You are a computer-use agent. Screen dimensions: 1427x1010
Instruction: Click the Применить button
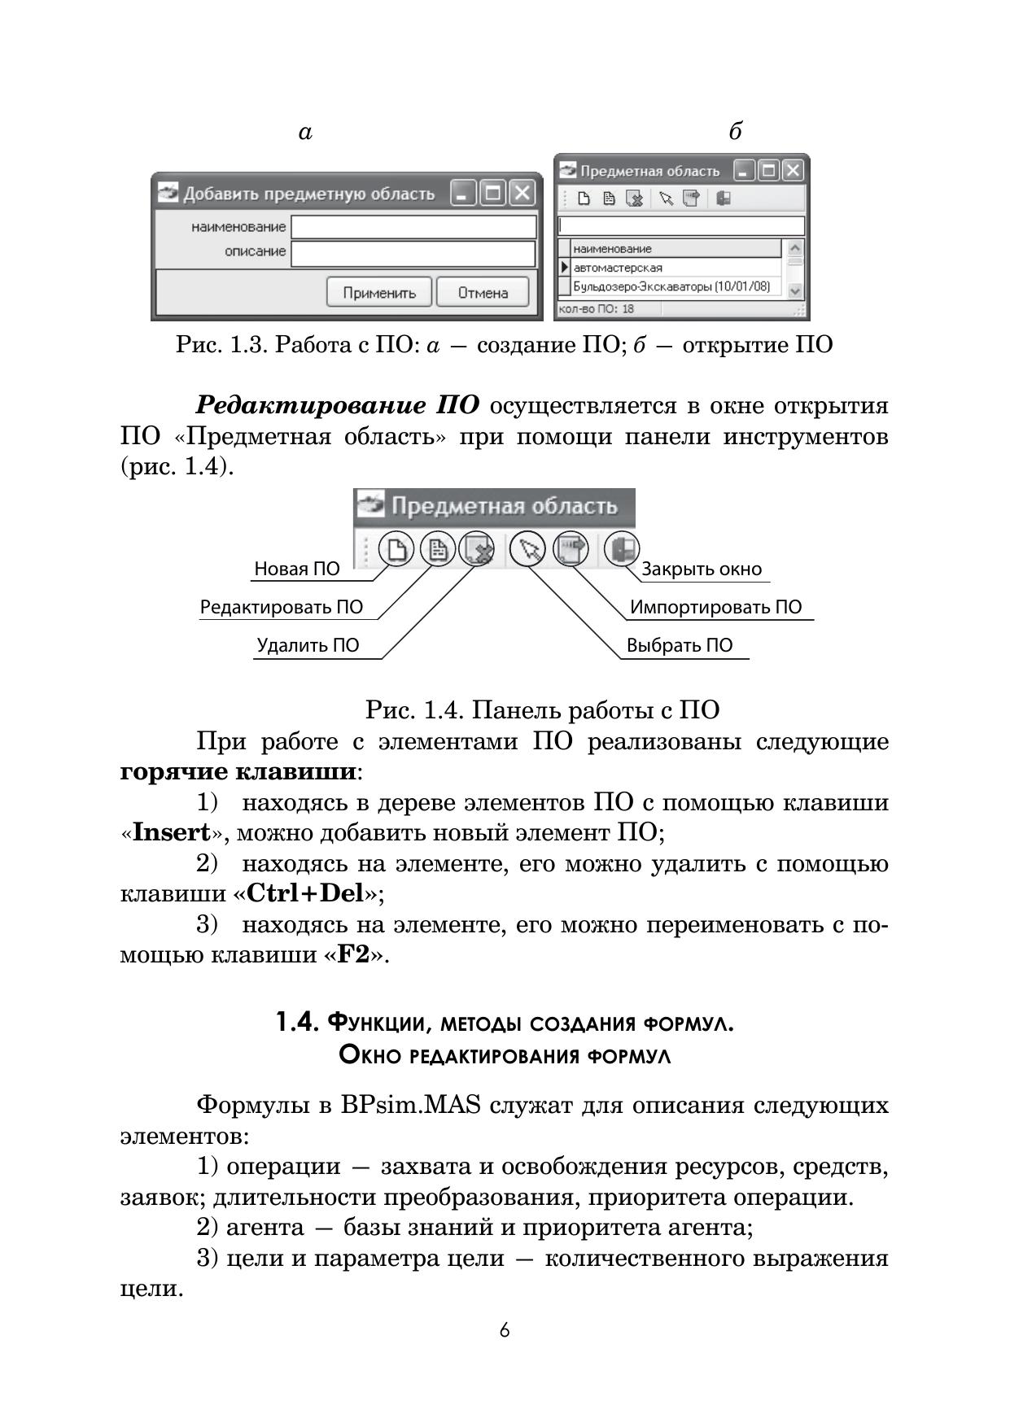click(x=379, y=292)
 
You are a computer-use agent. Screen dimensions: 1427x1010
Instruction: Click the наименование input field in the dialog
click(x=413, y=227)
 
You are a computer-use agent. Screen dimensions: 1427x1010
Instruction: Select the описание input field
click(x=413, y=253)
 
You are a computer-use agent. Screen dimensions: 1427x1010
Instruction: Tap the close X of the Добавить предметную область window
click(x=522, y=194)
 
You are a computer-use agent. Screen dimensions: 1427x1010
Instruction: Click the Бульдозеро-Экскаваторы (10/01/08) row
click(x=671, y=286)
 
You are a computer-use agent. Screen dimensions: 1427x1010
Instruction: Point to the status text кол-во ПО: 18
click(x=597, y=309)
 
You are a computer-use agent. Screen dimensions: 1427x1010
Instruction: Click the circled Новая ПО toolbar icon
click(x=396, y=550)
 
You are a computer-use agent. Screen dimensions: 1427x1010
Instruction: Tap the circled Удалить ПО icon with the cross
click(x=477, y=550)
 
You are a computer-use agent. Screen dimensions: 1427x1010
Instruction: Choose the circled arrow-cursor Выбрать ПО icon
click(x=527, y=550)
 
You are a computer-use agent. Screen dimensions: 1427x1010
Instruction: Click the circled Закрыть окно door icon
click(x=622, y=550)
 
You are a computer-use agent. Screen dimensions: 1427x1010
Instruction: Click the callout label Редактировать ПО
click(x=282, y=608)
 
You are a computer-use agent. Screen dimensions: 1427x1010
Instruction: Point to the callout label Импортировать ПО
click(x=715, y=608)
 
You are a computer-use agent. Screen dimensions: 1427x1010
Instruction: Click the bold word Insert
click(x=171, y=832)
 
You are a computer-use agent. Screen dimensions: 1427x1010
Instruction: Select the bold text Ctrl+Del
click(x=304, y=893)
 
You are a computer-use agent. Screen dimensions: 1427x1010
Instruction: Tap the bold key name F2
click(x=353, y=954)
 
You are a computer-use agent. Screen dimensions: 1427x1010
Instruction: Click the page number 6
click(x=505, y=1331)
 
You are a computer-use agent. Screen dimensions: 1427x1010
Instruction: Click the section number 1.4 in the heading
click(x=295, y=1022)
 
